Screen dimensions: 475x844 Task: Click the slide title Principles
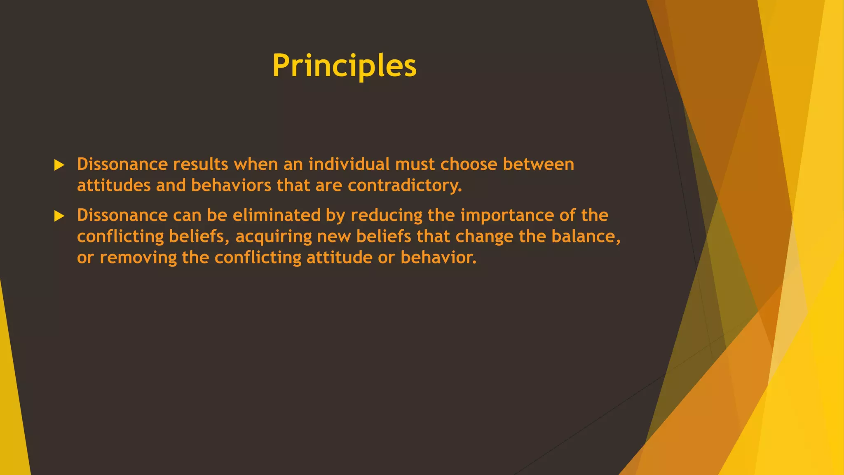point(344,66)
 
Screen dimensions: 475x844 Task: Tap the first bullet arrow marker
point(59,165)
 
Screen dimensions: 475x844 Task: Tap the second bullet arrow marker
point(59,216)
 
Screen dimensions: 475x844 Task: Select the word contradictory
point(405,186)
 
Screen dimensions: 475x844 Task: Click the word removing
point(138,258)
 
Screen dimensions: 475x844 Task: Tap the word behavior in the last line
point(438,258)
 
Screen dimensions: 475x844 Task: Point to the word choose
point(469,164)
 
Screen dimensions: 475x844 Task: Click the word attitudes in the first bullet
point(114,186)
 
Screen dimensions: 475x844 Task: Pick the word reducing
point(387,215)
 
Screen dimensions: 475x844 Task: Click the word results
point(200,164)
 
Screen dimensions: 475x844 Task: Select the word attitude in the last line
point(339,258)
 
